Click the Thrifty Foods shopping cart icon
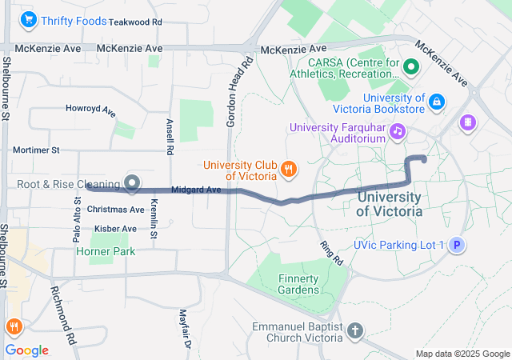(x=30, y=20)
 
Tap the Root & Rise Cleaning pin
(x=131, y=185)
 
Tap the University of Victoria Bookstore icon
(x=436, y=102)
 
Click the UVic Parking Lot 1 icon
(x=456, y=245)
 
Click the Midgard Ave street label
(x=196, y=190)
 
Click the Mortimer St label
(x=36, y=150)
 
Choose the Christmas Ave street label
(x=116, y=210)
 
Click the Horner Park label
(x=105, y=251)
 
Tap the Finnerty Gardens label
(x=298, y=284)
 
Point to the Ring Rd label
(x=330, y=254)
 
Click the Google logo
(x=27, y=350)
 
